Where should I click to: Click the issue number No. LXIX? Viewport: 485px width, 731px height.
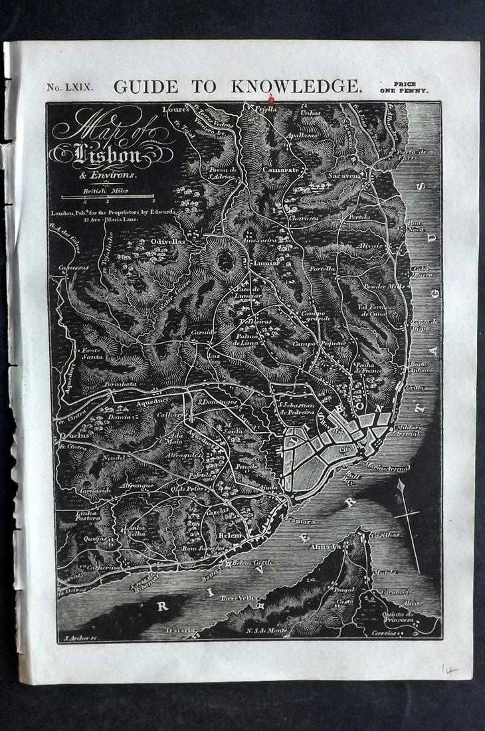click(70, 87)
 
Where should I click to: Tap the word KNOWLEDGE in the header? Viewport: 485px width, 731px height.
click(296, 86)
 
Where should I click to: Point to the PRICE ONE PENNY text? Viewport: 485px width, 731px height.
click(404, 87)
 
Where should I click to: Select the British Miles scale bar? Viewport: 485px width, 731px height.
click(108, 195)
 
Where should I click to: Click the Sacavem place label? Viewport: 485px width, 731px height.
click(343, 176)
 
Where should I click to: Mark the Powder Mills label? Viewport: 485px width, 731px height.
click(383, 286)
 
